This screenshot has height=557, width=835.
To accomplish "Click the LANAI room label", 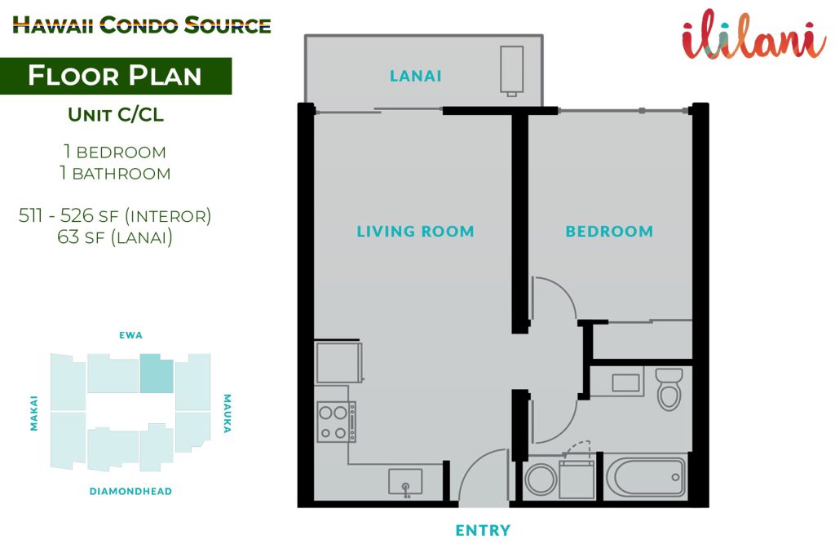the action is coord(415,76).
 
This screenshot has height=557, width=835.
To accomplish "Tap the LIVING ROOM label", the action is coord(415,231).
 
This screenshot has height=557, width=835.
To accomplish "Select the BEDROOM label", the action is coord(609,231).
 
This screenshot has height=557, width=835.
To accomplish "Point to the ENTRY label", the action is coord(483,530).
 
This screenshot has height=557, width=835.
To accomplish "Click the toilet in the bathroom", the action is coord(669,389).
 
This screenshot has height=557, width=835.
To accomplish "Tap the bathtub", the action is coord(646,477).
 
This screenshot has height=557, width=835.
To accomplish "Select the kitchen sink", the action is coord(405,482).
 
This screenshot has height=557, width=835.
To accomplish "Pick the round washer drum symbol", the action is coord(541,480).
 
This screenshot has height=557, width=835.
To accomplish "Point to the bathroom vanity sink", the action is coord(625,382).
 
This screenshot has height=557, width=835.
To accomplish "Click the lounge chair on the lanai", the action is coord(511,71).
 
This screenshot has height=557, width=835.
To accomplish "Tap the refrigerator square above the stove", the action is coord(339,362).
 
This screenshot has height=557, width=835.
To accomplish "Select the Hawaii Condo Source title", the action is coord(142,25).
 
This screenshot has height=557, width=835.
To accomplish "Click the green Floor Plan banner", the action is coord(116,76).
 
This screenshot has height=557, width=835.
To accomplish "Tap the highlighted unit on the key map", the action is coord(157,374).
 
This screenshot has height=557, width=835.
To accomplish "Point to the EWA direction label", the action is coord(131,335).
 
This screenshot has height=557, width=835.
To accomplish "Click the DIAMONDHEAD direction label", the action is coord(130,492).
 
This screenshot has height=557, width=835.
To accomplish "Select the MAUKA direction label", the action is coord(228,413).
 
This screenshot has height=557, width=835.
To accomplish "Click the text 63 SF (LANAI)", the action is coord(115,237).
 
